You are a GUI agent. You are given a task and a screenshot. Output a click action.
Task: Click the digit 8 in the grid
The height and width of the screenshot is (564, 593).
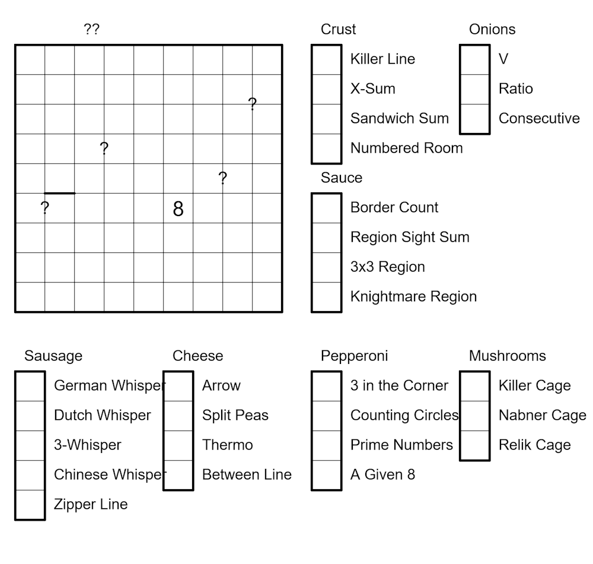(178, 209)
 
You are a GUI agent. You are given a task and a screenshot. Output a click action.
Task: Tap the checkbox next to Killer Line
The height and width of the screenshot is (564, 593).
(327, 59)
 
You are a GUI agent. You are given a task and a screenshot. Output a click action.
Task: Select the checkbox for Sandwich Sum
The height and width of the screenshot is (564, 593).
(327, 119)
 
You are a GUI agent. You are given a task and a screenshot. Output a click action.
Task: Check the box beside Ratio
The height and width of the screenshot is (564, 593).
(475, 89)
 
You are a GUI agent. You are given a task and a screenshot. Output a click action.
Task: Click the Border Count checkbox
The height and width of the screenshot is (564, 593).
(327, 208)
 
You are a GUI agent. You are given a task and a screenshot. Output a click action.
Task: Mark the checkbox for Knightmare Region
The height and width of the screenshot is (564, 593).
(327, 297)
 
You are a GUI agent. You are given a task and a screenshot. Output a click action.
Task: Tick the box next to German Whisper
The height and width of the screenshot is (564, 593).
(30, 386)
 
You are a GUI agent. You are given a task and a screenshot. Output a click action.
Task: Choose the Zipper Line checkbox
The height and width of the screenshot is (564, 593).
(30, 505)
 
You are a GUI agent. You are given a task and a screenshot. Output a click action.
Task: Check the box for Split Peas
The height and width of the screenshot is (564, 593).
(178, 416)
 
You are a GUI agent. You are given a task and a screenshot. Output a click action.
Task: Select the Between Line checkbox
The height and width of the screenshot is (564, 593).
(178, 475)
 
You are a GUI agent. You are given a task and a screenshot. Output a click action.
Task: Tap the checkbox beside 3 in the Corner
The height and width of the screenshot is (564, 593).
(327, 386)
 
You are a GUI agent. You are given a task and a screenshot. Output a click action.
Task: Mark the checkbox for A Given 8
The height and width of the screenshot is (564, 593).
(327, 475)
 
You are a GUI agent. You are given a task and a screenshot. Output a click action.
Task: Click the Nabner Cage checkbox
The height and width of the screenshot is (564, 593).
(475, 416)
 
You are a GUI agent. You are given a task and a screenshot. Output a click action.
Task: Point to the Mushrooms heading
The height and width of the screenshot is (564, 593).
(507, 356)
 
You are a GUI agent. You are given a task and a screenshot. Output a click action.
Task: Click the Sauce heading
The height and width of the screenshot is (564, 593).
(342, 178)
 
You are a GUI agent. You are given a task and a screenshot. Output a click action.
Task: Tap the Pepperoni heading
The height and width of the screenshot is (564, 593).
(354, 356)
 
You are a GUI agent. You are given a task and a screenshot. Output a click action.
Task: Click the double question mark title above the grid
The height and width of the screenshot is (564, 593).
(91, 30)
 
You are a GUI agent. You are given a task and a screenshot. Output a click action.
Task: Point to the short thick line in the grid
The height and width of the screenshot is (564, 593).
(60, 193)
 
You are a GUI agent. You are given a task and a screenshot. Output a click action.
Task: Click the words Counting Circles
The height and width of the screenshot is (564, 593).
(404, 416)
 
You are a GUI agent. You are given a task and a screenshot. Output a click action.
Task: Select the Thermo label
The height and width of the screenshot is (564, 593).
(227, 445)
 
